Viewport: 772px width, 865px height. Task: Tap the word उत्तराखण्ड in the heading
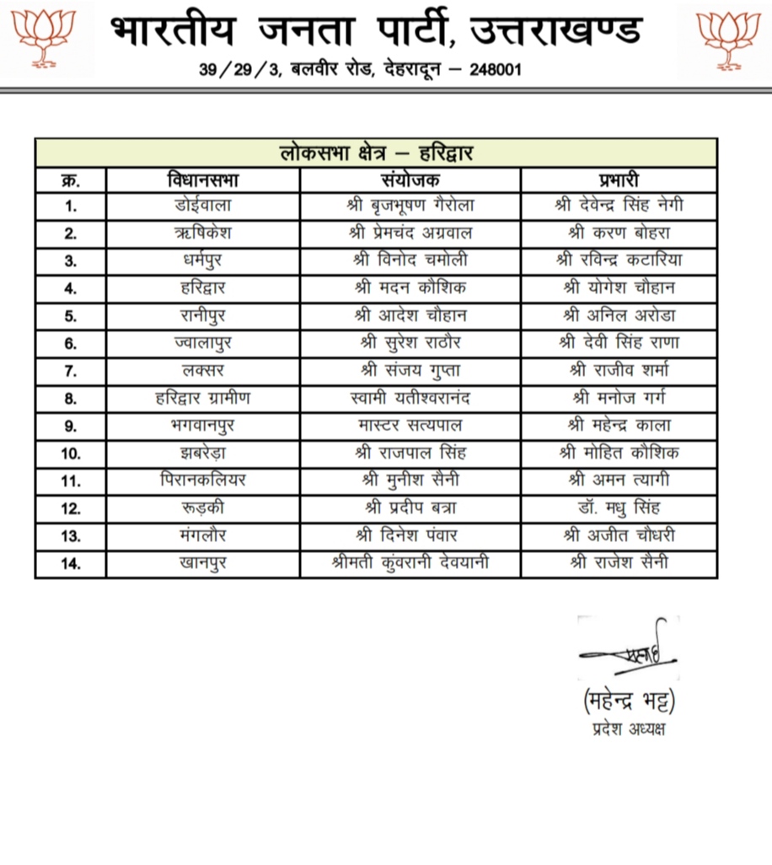pyautogui.click(x=555, y=32)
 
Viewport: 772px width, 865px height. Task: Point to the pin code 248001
pyautogui.click(x=492, y=69)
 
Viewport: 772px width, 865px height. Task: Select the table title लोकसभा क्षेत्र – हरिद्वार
pyautogui.click(x=376, y=153)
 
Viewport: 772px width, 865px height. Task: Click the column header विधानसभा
pyautogui.click(x=203, y=180)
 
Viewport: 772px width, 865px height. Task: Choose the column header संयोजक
pyautogui.click(x=410, y=180)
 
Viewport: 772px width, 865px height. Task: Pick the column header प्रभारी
pyautogui.click(x=619, y=180)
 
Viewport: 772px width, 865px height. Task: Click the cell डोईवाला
pyautogui.click(x=203, y=205)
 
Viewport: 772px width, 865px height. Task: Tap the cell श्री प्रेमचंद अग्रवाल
pyautogui.click(x=410, y=233)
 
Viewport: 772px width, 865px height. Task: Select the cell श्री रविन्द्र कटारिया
pyautogui.click(x=619, y=260)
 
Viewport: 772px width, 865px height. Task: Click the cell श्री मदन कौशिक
pyautogui.click(x=410, y=287)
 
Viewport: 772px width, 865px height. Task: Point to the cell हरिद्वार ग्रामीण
pyautogui.click(x=203, y=398)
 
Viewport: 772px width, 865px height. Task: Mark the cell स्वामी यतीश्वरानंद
pyautogui.click(x=410, y=398)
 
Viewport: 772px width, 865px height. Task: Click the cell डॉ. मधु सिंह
pyautogui.click(x=619, y=508)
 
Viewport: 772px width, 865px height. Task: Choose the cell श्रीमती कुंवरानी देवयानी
pyautogui.click(x=410, y=563)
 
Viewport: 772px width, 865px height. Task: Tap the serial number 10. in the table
pyautogui.click(x=71, y=454)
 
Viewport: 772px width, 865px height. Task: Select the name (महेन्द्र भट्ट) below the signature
pyautogui.click(x=629, y=700)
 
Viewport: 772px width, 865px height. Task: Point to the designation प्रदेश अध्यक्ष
pyautogui.click(x=629, y=728)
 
